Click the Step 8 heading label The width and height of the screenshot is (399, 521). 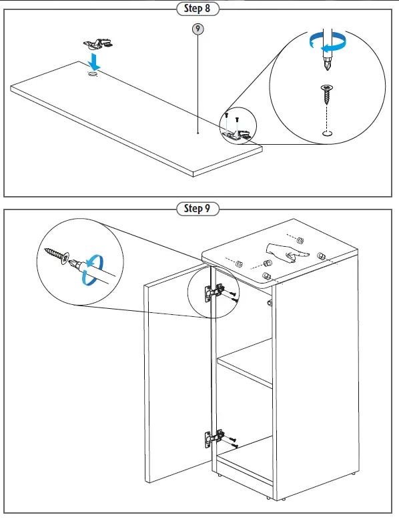(x=197, y=9)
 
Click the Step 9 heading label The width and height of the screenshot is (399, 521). (x=197, y=209)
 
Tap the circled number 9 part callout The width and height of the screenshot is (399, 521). (x=197, y=29)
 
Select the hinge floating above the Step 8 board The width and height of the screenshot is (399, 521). (x=97, y=44)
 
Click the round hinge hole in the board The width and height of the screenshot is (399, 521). (x=93, y=73)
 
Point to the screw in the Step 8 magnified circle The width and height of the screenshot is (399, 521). (x=327, y=94)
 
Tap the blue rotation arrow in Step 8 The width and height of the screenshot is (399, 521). (x=327, y=43)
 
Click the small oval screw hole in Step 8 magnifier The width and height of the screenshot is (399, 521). (x=328, y=133)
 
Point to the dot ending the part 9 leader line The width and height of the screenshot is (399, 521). (x=198, y=133)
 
